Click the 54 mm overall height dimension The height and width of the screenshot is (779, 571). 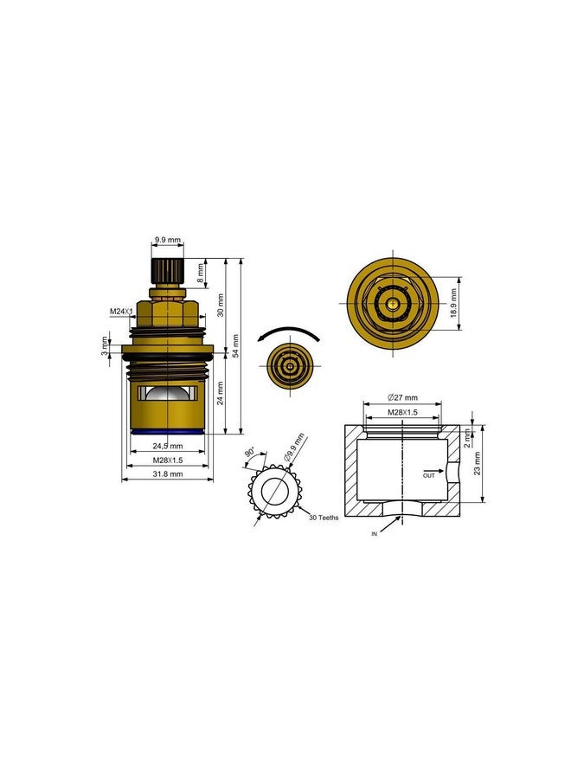(236, 346)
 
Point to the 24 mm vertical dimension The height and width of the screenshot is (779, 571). (221, 395)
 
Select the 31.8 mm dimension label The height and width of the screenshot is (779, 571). (168, 474)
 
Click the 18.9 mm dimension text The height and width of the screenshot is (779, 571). (453, 303)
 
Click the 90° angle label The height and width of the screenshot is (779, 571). (250, 454)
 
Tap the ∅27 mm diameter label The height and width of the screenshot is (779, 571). (401, 399)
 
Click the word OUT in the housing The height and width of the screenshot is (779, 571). (429, 475)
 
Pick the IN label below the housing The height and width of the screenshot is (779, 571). (375, 535)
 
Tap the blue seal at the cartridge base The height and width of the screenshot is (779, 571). (168, 430)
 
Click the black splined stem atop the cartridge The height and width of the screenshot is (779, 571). (167, 270)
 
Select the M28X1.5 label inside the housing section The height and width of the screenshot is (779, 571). (401, 412)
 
